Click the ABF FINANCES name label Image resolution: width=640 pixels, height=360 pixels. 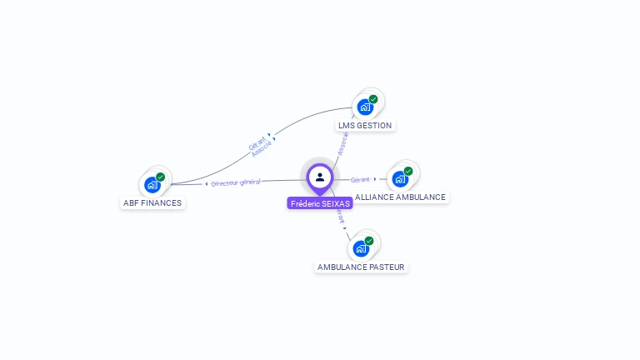pos(152,202)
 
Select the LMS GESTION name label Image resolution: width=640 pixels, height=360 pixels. pos(364,125)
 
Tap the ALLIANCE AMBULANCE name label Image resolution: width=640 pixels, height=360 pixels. pos(400,197)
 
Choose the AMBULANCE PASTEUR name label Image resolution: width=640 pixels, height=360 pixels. pos(361,267)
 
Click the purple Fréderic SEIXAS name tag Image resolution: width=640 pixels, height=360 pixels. pos(320,203)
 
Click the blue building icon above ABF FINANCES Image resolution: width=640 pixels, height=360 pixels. pos(152,184)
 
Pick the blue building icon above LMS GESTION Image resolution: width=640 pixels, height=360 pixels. pos(364,107)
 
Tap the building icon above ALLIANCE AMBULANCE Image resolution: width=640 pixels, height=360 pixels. pos(400,178)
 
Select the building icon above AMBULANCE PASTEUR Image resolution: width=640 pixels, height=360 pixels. pos(361,248)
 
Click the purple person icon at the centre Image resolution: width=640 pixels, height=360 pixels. pos(320,177)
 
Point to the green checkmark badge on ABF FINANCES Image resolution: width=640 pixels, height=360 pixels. pos(160,177)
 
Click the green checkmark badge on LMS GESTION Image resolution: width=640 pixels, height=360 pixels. pos(373,99)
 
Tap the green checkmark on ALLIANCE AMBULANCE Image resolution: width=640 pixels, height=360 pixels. pos(408,171)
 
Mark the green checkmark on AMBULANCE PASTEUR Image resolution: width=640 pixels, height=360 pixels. pos(369,241)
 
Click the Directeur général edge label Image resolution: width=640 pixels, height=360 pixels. pos(236,182)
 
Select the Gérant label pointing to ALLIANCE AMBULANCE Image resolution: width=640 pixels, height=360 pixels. pos(360,179)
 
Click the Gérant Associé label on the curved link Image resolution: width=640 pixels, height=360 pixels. pos(259,145)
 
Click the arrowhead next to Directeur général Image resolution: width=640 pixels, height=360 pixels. pos(206,183)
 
